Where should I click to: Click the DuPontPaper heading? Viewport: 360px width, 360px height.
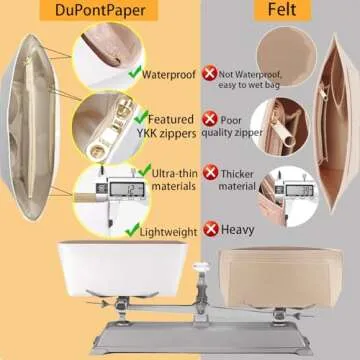pyautogui.click(x=100, y=10)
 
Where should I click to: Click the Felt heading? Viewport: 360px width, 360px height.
pyautogui.click(x=282, y=10)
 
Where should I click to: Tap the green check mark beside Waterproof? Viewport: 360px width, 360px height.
pyautogui.click(x=135, y=72)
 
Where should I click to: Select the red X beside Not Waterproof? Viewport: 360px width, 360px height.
pyautogui.click(x=209, y=74)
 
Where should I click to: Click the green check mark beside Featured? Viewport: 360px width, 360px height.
pyautogui.click(x=141, y=117)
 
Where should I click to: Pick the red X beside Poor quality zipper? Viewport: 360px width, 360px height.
pyautogui.click(x=210, y=119)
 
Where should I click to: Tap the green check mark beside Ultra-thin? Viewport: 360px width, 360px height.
pyautogui.click(x=145, y=170)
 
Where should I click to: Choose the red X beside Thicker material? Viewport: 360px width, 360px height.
pyautogui.click(x=210, y=172)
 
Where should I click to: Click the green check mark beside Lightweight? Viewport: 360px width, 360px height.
pyautogui.click(x=132, y=230)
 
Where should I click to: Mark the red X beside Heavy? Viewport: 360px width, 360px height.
pyautogui.click(x=211, y=229)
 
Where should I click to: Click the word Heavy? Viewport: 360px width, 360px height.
pyautogui.click(x=238, y=230)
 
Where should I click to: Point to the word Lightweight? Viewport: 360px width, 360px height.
pyautogui.click(x=168, y=232)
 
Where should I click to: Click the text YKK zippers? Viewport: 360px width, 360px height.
pyautogui.click(x=166, y=133)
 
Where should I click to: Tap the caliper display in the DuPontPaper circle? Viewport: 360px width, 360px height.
pyautogui.click(x=127, y=189)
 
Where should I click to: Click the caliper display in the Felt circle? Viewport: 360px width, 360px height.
pyautogui.click(x=300, y=190)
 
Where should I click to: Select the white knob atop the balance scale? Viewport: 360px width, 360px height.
pyautogui.click(x=201, y=267)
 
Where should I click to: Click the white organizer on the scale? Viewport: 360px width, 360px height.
pyautogui.click(x=122, y=268)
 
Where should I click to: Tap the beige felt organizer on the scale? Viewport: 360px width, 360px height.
pyautogui.click(x=281, y=277)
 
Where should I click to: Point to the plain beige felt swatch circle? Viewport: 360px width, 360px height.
pyautogui.click(x=286, y=56)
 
